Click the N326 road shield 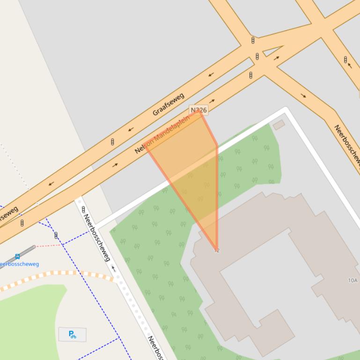coord(198,110)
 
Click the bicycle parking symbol coord(72,334)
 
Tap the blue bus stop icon coord(18,257)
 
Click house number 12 coord(217,251)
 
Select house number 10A coord(353,281)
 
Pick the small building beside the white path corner coord(279,124)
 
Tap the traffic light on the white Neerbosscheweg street coord(83,209)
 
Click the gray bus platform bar coord(22,253)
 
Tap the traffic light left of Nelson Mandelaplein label coord(112,142)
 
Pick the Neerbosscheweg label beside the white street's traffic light coord(97,238)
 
